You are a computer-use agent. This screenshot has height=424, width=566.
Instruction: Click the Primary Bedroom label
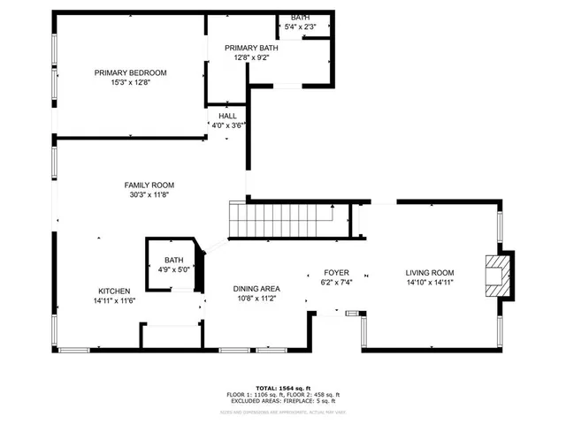[130, 72]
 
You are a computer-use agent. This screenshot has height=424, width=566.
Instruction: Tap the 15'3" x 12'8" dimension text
[130, 83]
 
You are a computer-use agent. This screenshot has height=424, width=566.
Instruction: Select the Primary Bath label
[251, 48]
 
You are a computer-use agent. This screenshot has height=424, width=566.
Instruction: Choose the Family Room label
[148, 184]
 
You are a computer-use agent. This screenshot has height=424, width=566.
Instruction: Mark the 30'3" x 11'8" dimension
[148, 194]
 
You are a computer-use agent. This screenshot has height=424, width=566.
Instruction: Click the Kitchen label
[115, 291]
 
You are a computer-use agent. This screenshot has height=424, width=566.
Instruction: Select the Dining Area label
[256, 289]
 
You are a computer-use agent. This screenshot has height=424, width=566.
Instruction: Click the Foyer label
[336, 272]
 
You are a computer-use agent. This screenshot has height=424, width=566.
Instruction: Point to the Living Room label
[430, 272]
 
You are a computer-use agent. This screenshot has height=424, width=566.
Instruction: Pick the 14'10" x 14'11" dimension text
[430, 283]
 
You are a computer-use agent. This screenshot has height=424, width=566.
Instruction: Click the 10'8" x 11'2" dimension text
[256, 299]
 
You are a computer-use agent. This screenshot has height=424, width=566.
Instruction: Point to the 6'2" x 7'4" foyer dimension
[336, 283]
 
